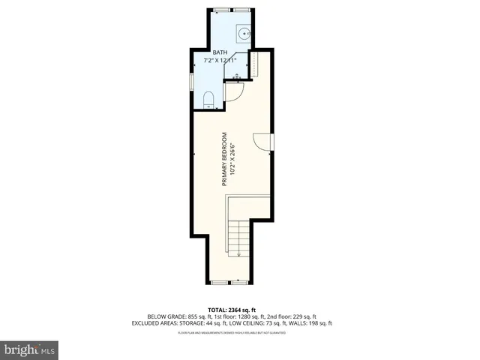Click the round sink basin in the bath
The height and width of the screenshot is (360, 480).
[x=244, y=33]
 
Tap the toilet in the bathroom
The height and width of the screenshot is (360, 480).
[x=210, y=99]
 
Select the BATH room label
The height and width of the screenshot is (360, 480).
[x=220, y=52]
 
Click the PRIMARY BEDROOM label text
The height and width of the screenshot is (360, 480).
[x=223, y=160]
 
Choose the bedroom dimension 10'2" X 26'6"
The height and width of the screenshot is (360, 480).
[x=232, y=160]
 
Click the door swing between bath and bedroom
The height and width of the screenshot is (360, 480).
[x=233, y=91]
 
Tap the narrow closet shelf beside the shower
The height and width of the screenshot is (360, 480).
[x=253, y=65]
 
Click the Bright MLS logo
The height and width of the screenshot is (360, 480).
[x=30, y=349]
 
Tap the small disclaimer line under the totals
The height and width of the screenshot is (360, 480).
[x=239, y=332]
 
